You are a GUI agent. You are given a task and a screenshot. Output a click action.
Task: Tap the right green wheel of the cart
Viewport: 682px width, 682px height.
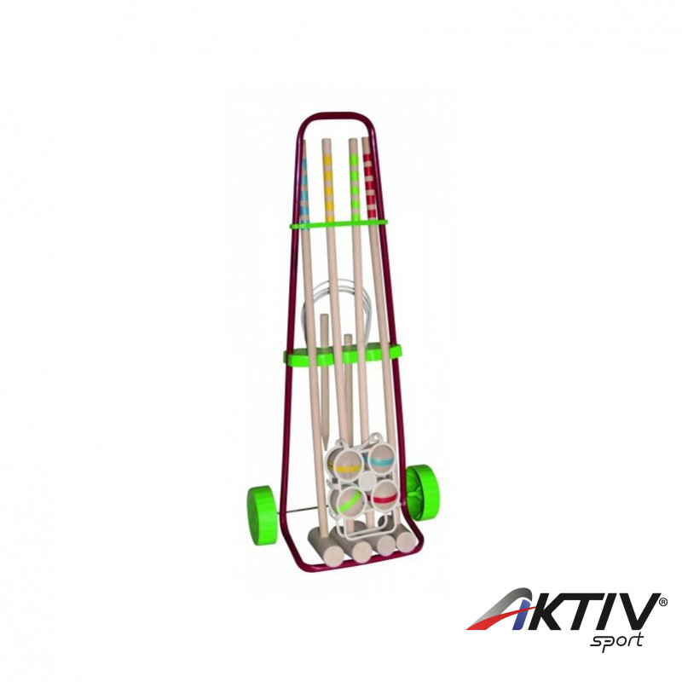click(x=423, y=493)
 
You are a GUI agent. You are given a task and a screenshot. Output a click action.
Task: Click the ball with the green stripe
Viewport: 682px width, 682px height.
click(x=350, y=501)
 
